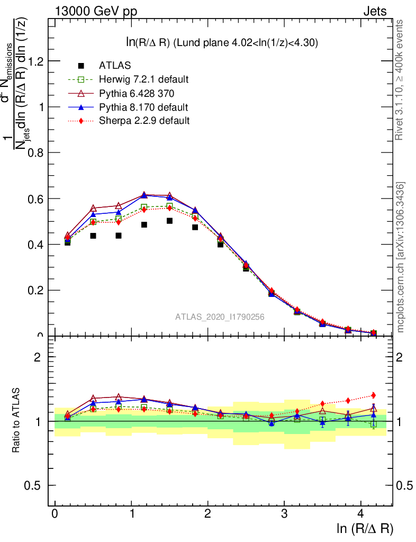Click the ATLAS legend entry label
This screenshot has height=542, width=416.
(115, 66)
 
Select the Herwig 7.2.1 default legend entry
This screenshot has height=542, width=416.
(144, 79)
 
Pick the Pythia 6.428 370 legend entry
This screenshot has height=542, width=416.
(137, 93)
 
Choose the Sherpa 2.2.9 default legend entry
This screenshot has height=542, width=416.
(144, 121)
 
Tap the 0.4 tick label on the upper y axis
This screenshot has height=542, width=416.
(35, 245)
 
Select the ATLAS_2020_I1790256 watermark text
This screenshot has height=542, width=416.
(220, 317)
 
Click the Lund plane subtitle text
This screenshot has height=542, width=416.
(221, 43)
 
